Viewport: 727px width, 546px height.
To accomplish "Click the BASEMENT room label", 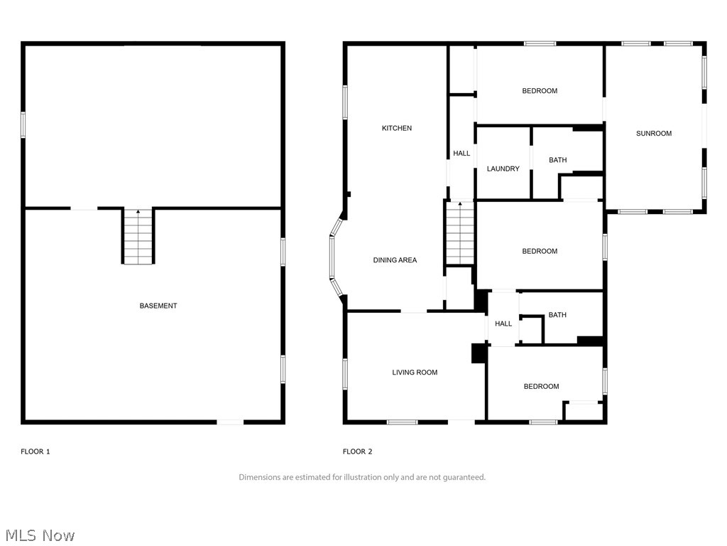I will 158,306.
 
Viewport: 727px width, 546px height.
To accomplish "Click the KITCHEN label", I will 396,128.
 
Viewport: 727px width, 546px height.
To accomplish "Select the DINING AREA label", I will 395,260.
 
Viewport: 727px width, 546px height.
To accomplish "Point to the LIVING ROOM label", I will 415,373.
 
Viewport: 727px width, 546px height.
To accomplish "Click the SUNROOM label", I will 653,134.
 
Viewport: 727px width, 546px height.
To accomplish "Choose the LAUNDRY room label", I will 503,169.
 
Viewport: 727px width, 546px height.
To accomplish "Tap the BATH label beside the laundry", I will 557,160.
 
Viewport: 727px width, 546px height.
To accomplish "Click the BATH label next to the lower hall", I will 557,315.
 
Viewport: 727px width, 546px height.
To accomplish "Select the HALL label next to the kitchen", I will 461,154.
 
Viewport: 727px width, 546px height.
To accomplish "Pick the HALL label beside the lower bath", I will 503,324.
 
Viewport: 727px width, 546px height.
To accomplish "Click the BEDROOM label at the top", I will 540,91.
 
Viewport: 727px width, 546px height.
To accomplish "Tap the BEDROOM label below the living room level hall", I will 541,387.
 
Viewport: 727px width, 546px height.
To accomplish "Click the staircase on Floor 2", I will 460,233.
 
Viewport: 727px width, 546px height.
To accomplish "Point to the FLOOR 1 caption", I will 35,451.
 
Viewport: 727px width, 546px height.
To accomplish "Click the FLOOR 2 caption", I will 357,451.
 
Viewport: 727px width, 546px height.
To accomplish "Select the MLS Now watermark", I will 40,535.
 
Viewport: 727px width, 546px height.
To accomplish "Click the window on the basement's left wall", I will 23,124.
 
